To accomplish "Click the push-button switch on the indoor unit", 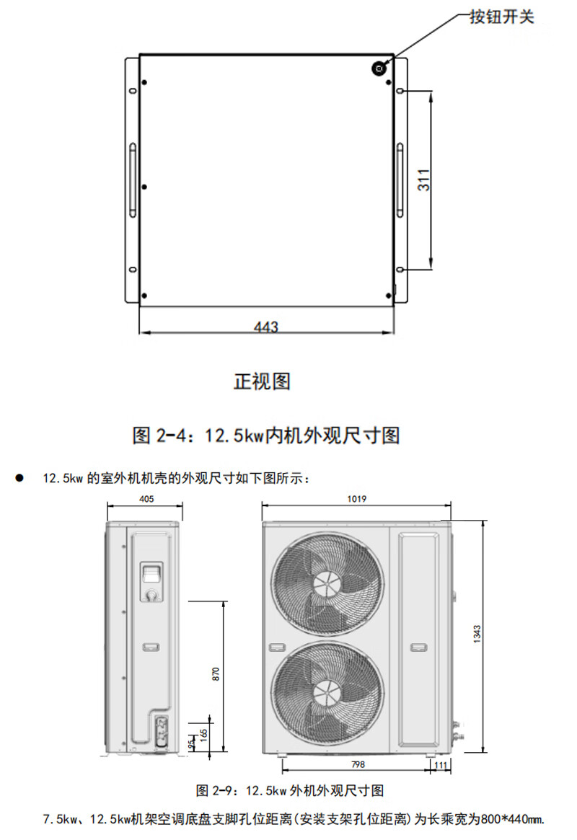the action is click(378, 68).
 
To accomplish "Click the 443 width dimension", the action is click(266, 327).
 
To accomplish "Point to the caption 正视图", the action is click(262, 381).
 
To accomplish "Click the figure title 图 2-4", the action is click(266, 436).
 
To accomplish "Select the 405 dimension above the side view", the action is click(146, 499).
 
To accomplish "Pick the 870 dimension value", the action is click(216, 675).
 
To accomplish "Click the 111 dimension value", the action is click(440, 765).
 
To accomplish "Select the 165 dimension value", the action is click(204, 735).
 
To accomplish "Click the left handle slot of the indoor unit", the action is click(132, 180).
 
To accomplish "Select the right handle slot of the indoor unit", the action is click(400, 180).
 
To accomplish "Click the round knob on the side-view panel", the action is click(151, 595).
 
